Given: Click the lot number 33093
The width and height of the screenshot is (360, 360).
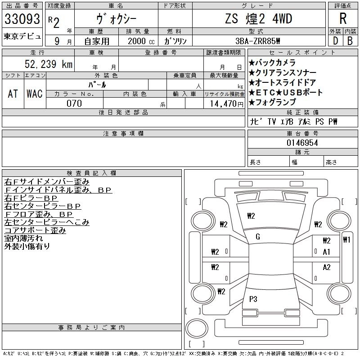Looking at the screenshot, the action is tap(22, 19).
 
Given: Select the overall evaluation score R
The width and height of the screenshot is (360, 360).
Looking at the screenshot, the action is tap(342, 19).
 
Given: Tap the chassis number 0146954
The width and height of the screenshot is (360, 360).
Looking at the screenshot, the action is tap(302, 143).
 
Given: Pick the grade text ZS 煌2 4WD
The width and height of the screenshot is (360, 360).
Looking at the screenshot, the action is tap(258, 19).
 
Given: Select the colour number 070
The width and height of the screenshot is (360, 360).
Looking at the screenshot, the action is tap(74, 103).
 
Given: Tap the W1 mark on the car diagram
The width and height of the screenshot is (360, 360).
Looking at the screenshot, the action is tap(346, 239).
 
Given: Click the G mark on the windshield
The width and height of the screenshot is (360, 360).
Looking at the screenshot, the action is tap(257, 237).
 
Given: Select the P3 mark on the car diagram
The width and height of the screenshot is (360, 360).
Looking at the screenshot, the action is tap(253, 299).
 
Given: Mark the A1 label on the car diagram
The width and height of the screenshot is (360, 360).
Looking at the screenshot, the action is tap(327, 252).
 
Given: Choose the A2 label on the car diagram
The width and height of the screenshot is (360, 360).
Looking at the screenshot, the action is tap(327, 267).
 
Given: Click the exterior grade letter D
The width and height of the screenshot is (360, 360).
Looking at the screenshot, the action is tap(335, 40).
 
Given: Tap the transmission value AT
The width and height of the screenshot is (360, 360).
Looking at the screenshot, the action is tap(13, 94).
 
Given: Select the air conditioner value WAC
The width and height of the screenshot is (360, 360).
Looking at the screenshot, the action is tap(34, 94).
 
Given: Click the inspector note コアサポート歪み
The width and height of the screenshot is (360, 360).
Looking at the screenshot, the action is tap(35, 230).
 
